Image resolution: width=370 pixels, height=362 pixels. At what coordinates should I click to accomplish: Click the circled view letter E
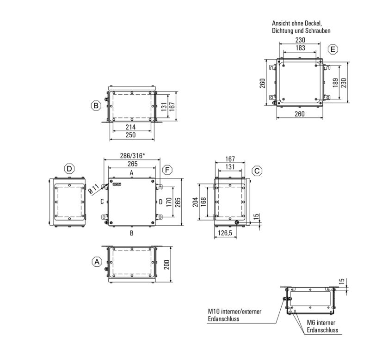pyautogui.click(x=333, y=49)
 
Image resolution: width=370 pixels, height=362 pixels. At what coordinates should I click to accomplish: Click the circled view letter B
pyautogui.click(x=96, y=106)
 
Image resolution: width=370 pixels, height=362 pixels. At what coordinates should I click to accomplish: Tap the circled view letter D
pyautogui.click(x=69, y=169)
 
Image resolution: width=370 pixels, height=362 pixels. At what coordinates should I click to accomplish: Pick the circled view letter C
pyautogui.click(x=257, y=171)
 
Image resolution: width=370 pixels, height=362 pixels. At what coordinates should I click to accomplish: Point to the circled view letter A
pyautogui.click(x=96, y=262)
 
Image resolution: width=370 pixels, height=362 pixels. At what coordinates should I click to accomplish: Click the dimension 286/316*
pyautogui.click(x=132, y=156)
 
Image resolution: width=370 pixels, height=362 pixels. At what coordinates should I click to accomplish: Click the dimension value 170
pyautogui.click(x=170, y=202)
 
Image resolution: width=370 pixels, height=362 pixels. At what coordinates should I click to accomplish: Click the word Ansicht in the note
pyautogui.click(x=281, y=23)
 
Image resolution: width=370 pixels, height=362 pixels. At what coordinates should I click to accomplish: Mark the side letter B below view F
pyautogui.click(x=132, y=233)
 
